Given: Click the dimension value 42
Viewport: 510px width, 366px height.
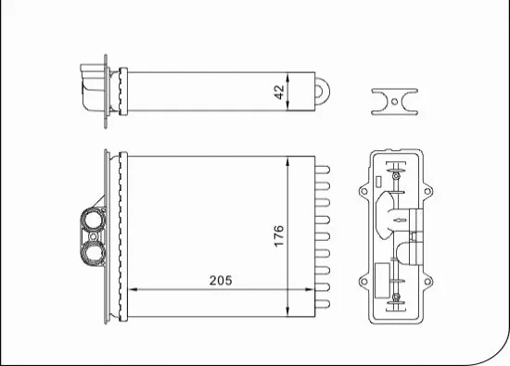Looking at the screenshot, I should [278, 92].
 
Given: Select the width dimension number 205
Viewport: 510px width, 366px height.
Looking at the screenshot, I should [220, 280].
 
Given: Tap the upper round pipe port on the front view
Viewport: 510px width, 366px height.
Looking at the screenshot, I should [93, 222].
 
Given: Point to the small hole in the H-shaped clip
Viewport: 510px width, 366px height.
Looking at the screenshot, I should [393, 101].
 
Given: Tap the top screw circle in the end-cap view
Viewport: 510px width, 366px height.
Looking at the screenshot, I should [396, 173].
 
